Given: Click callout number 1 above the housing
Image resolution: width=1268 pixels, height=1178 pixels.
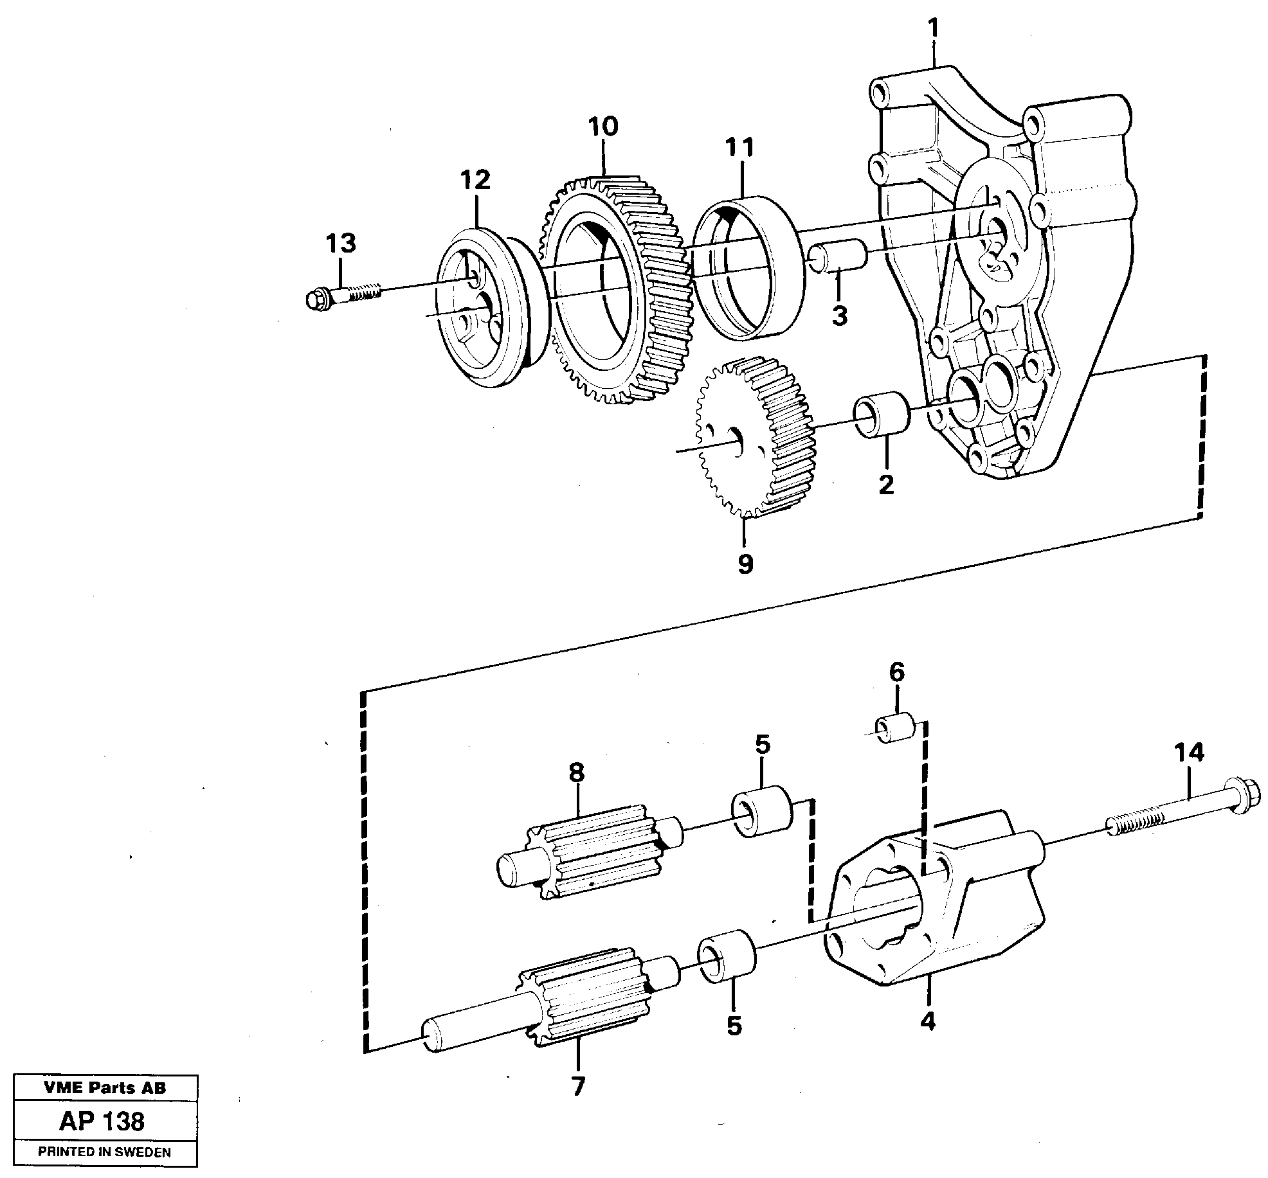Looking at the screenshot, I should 933,30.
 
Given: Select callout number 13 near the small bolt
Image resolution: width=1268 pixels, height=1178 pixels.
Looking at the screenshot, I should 340,244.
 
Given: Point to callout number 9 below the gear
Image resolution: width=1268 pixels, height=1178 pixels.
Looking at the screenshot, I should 745,564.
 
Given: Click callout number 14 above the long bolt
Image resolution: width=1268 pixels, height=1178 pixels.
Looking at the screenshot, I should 1188,751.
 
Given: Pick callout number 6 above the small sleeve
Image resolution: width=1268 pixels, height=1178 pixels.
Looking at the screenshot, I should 896,672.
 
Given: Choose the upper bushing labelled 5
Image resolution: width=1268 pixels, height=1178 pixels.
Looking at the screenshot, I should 763,812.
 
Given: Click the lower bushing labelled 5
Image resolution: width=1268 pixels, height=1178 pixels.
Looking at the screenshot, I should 727,956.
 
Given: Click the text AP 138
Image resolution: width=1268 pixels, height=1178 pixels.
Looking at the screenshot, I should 102,1121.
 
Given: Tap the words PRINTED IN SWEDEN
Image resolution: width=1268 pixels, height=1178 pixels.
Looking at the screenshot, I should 104,1152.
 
